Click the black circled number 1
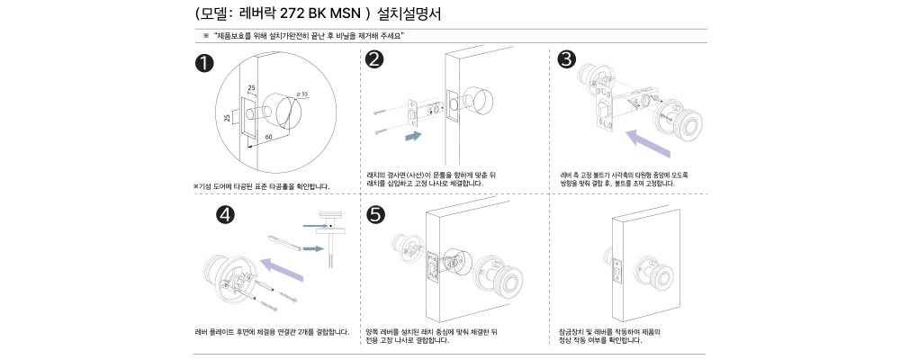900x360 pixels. point(204,63)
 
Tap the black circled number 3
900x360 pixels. point(567,59)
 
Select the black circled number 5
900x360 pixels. point(376,215)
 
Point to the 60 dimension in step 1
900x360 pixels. point(268,137)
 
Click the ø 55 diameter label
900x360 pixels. point(301,94)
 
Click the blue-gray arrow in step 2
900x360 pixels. point(413,136)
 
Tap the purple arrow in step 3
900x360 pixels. point(648,143)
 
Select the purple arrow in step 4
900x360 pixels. point(281,269)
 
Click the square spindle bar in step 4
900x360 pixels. point(284,241)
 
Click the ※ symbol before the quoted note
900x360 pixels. point(205,36)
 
